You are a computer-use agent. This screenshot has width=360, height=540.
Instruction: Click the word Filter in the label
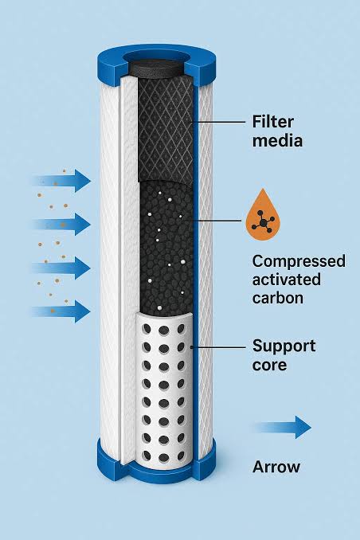(273, 122)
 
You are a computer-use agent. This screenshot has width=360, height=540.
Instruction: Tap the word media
(277, 141)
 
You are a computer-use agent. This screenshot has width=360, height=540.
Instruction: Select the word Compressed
(299, 262)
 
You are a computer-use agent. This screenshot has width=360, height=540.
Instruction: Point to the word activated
(286, 280)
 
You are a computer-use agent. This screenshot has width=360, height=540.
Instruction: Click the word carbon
(278, 298)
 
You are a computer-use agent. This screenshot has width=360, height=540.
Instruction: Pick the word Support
(284, 346)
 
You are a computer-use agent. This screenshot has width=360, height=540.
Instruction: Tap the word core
(269, 365)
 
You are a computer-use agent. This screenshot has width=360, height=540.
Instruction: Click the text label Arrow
(276, 467)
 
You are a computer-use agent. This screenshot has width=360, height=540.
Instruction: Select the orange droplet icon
(263, 214)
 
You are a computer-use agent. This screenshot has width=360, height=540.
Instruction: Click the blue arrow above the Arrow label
(284, 427)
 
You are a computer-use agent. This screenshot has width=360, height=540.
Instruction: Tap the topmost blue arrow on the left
(62, 181)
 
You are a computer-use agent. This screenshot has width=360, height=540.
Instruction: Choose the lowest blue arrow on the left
(61, 311)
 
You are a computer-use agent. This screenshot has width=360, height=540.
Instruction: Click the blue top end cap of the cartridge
(157, 64)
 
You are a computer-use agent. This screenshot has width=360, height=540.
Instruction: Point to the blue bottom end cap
(157, 465)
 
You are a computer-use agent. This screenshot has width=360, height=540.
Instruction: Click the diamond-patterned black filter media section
(165, 129)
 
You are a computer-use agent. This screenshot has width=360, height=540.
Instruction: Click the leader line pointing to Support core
(217, 347)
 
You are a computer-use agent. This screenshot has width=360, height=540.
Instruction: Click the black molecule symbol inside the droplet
(263, 222)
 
